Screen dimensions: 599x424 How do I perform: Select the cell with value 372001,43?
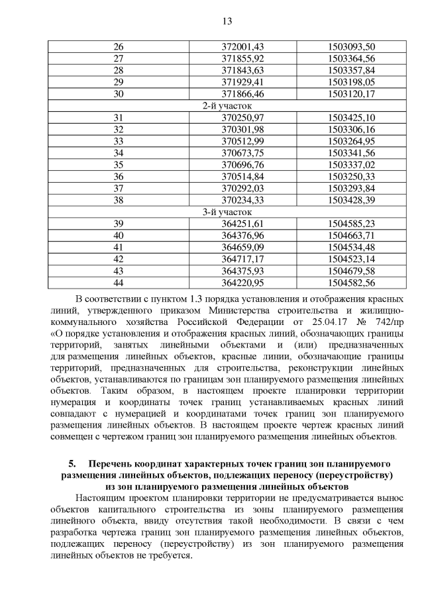[x=242, y=46]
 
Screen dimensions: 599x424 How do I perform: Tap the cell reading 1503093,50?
[x=351, y=46]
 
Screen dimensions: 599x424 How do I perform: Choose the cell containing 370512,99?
[x=242, y=141]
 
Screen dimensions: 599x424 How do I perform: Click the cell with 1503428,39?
[x=351, y=201]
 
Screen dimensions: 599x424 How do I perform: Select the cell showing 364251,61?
[x=242, y=224]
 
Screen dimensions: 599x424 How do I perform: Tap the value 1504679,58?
[x=351, y=271]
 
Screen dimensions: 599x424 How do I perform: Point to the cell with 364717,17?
[x=242, y=259]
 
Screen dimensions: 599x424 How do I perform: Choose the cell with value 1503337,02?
[x=351, y=165]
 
